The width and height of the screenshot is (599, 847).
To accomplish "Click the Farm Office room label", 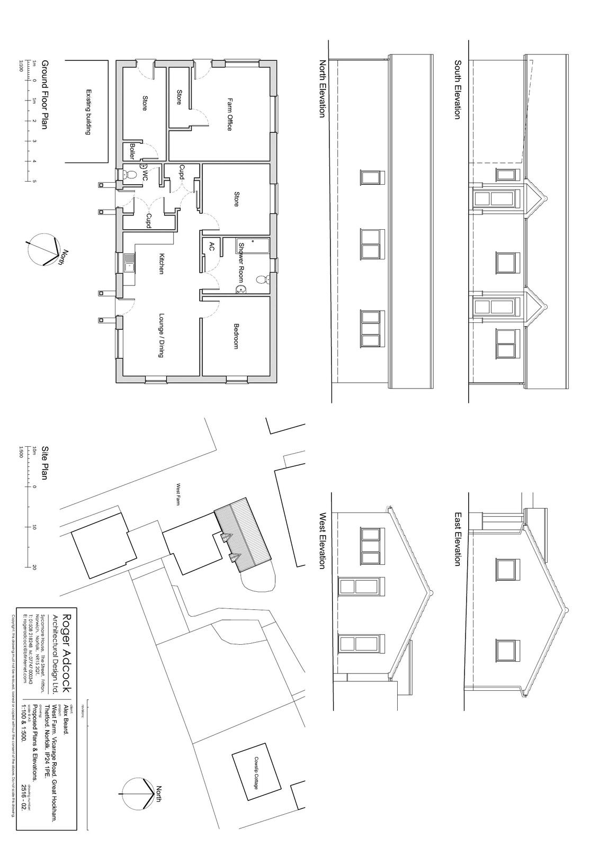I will tap(230, 114).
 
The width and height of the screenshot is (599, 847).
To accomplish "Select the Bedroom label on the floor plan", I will tap(236, 336).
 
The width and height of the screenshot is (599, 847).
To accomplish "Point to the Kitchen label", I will tap(162, 263).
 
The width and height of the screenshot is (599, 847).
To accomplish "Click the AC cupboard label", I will tap(211, 246).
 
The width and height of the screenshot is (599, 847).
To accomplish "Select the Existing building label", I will tap(88, 112).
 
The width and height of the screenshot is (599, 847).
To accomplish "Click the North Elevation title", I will tap(321, 88).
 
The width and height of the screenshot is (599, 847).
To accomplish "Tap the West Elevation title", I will tap(321, 540).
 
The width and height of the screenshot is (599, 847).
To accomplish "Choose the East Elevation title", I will tap(457, 538).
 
